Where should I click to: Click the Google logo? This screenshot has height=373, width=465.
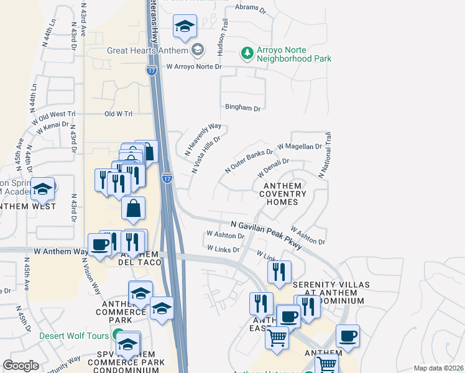21,366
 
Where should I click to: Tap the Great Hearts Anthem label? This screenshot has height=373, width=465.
148,48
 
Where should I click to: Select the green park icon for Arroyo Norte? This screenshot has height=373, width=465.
247,53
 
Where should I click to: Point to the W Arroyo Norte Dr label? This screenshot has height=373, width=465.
193,67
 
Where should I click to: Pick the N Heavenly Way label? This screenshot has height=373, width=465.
203,139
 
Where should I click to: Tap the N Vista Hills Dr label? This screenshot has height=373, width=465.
206,155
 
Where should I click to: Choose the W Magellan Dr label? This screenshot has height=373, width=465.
300,147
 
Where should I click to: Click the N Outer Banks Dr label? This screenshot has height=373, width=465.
249,160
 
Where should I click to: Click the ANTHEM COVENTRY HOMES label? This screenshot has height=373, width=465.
283,194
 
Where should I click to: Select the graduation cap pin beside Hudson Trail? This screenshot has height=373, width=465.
184,27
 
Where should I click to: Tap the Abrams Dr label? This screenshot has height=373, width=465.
251,11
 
